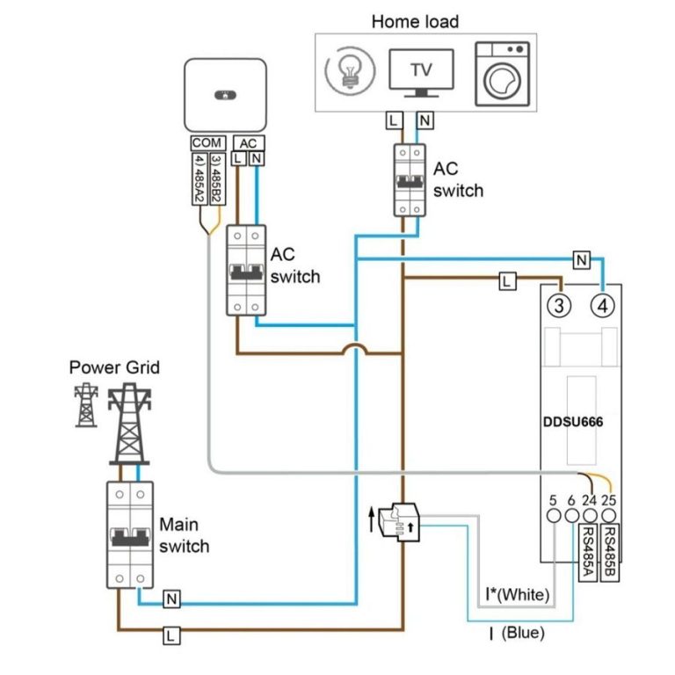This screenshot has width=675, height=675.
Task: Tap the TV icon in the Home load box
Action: pos(422,72)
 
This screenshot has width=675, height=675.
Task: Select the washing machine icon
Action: pos(500,74)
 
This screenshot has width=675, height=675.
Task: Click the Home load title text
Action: pos(415,20)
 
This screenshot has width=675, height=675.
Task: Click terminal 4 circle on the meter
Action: pos(602,307)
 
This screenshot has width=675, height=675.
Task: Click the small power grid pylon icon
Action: pos(85,405)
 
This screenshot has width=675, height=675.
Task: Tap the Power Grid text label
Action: pos(114,367)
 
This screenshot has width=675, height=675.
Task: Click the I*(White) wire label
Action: pos(519,595)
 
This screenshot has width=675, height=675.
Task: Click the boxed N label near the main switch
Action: pos(172,599)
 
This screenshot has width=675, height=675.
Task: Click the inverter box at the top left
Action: pos(224,95)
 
